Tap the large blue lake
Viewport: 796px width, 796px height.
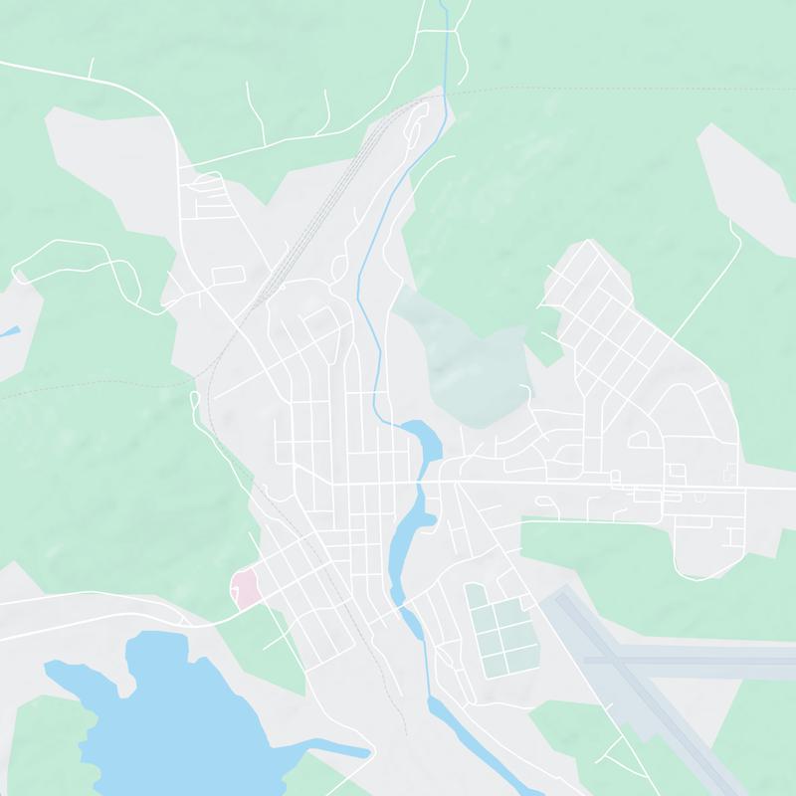169,716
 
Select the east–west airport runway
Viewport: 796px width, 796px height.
696,658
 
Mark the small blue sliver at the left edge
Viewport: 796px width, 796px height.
8,331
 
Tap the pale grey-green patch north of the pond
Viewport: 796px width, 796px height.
468,358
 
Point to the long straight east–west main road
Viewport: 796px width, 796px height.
597,487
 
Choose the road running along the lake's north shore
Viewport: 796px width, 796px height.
99,603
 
